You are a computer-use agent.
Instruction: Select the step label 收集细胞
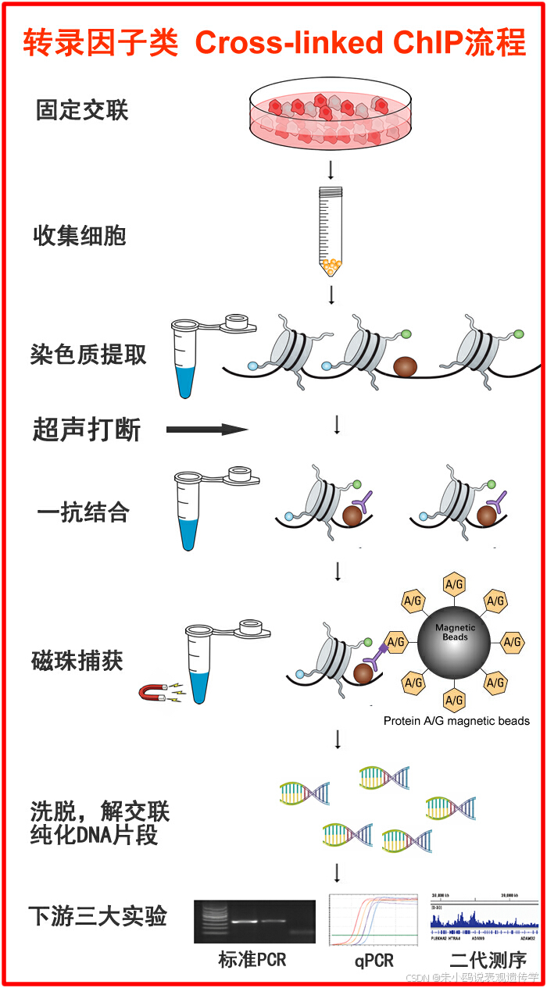pos(80,235)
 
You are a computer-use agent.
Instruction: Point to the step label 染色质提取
pos(88,355)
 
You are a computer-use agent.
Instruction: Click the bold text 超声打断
pos(87,429)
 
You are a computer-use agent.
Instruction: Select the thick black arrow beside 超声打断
pos(206,429)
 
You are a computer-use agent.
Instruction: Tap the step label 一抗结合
pos(83,513)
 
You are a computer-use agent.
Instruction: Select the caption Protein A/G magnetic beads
pos(456,721)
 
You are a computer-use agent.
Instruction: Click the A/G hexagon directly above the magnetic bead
pos(455,584)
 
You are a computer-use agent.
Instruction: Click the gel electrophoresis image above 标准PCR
pos(255,922)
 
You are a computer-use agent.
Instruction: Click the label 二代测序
pos(488,960)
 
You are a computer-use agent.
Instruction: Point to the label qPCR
pos(374,960)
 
